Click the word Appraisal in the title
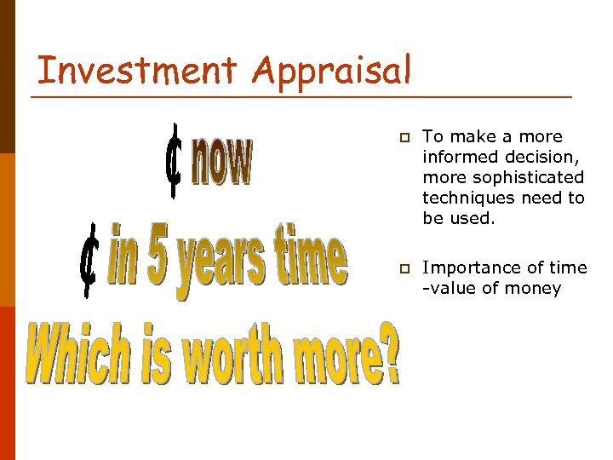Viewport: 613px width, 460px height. coord(332,72)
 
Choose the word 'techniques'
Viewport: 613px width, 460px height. coord(466,198)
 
